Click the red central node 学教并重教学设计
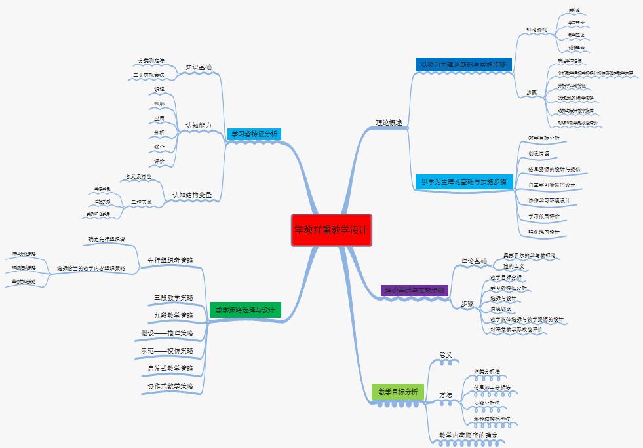(332, 230)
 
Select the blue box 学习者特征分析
(254, 134)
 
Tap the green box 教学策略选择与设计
(245, 310)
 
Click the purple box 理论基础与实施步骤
(414, 289)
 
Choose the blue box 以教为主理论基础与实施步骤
(463, 65)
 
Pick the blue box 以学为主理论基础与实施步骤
(463, 181)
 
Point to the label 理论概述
(389, 122)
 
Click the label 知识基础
(198, 67)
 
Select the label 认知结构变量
(191, 195)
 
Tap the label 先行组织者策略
(170, 260)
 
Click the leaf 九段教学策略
(174, 315)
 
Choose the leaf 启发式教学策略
(170, 369)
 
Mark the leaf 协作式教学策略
(170, 386)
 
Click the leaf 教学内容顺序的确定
(468, 435)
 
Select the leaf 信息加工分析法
(492, 388)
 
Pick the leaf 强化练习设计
(544, 232)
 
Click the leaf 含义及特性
(138, 177)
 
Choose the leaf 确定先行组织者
(106, 239)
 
